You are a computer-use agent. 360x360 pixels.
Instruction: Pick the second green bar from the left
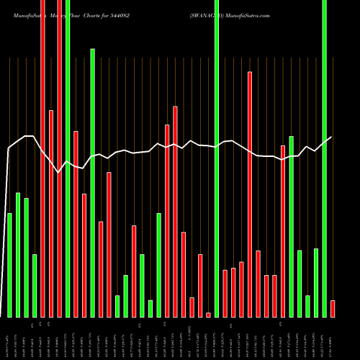coord(18,255)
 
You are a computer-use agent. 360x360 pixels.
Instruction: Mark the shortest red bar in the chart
coord(208,315)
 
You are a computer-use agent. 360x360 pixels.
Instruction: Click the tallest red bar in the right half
coord(250,194)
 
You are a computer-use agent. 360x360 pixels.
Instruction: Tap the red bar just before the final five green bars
coord(283,230)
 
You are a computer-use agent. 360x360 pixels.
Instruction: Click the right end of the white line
coord(331,137)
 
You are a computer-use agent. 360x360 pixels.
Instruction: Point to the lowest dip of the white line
coord(58,173)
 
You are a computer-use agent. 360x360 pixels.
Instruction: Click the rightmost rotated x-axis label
coord(333,338)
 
